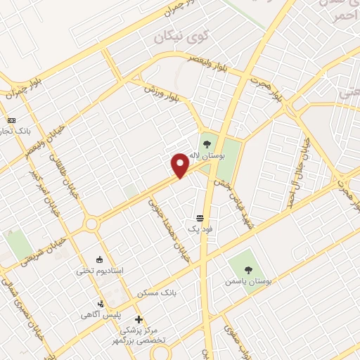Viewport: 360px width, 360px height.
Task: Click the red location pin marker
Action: (x=181, y=165)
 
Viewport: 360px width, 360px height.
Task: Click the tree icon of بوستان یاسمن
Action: (x=248, y=269)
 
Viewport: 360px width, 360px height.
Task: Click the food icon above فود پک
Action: (x=200, y=218)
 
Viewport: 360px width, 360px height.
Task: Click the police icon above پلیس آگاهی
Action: (x=101, y=304)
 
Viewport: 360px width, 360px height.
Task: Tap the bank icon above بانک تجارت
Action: (x=11, y=120)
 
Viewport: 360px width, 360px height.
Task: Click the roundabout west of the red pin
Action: (x=91, y=224)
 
